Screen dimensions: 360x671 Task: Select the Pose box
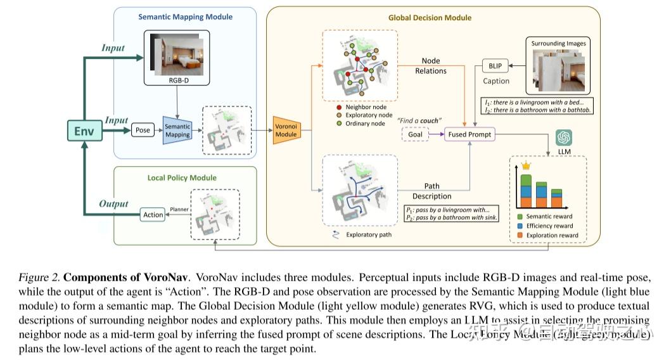click(x=143, y=130)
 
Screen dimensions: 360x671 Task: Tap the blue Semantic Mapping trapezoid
click(x=177, y=131)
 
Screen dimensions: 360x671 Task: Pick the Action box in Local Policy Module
click(x=153, y=215)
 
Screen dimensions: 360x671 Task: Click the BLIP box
click(x=495, y=66)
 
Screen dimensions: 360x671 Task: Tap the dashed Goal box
click(x=415, y=134)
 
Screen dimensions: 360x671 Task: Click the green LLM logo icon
click(x=563, y=138)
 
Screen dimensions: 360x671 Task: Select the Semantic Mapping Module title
click(x=185, y=17)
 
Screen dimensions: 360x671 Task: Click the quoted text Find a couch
click(x=419, y=120)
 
